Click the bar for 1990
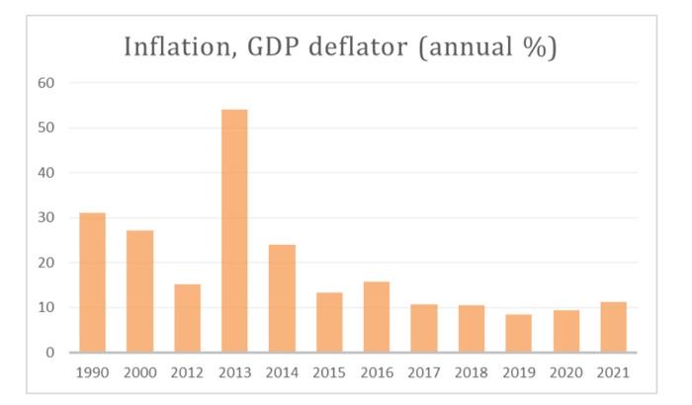[x=92, y=283]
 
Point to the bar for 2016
[x=377, y=317]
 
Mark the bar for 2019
[x=519, y=333]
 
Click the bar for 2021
[x=614, y=327]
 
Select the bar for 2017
[x=424, y=328]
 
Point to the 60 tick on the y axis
[x=46, y=83]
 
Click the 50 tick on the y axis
[x=46, y=128]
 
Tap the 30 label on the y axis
[x=46, y=218]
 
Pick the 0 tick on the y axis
[x=50, y=353]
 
